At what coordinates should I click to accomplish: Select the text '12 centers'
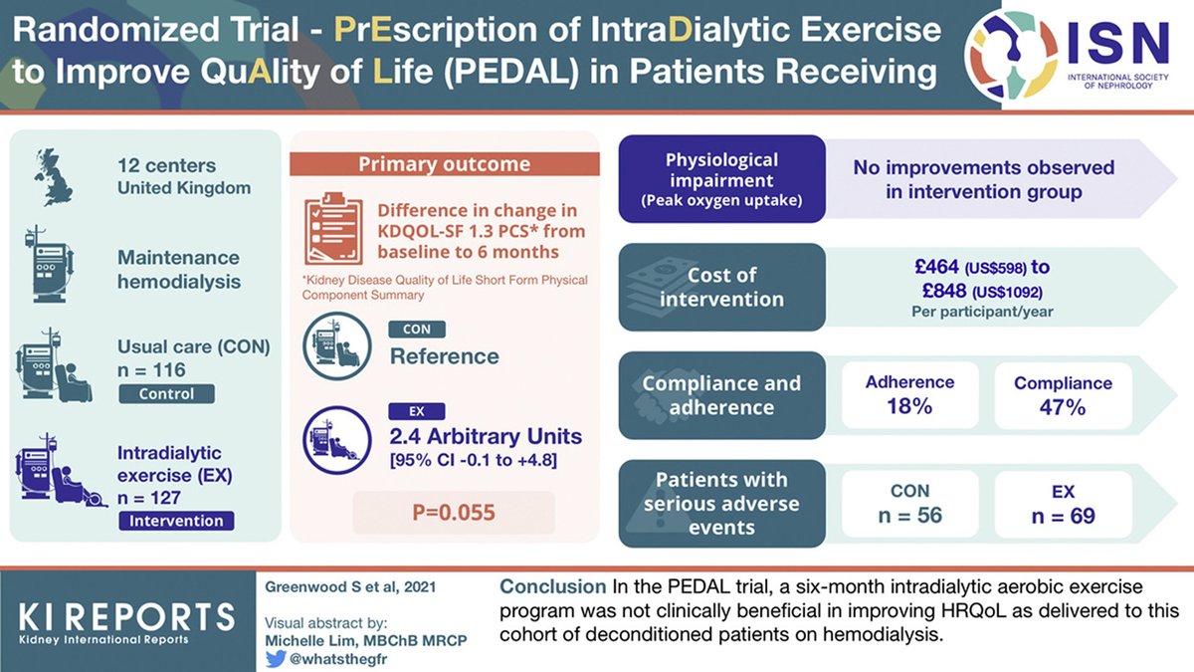click(165, 165)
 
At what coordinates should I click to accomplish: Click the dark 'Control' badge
click(168, 394)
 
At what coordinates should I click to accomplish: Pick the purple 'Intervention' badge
click(176, 521)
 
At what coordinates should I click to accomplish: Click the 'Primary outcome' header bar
click(444, 163)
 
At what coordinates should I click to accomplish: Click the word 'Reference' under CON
click(444, 355)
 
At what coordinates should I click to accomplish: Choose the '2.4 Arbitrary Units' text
click(486, 437)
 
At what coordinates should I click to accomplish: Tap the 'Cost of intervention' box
click(721, 287)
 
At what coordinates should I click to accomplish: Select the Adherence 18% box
click(909, 395)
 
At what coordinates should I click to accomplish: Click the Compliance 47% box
click(1062, 395)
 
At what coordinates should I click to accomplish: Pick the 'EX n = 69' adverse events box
click(1062, 504)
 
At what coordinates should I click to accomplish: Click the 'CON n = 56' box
click(909, 504)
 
